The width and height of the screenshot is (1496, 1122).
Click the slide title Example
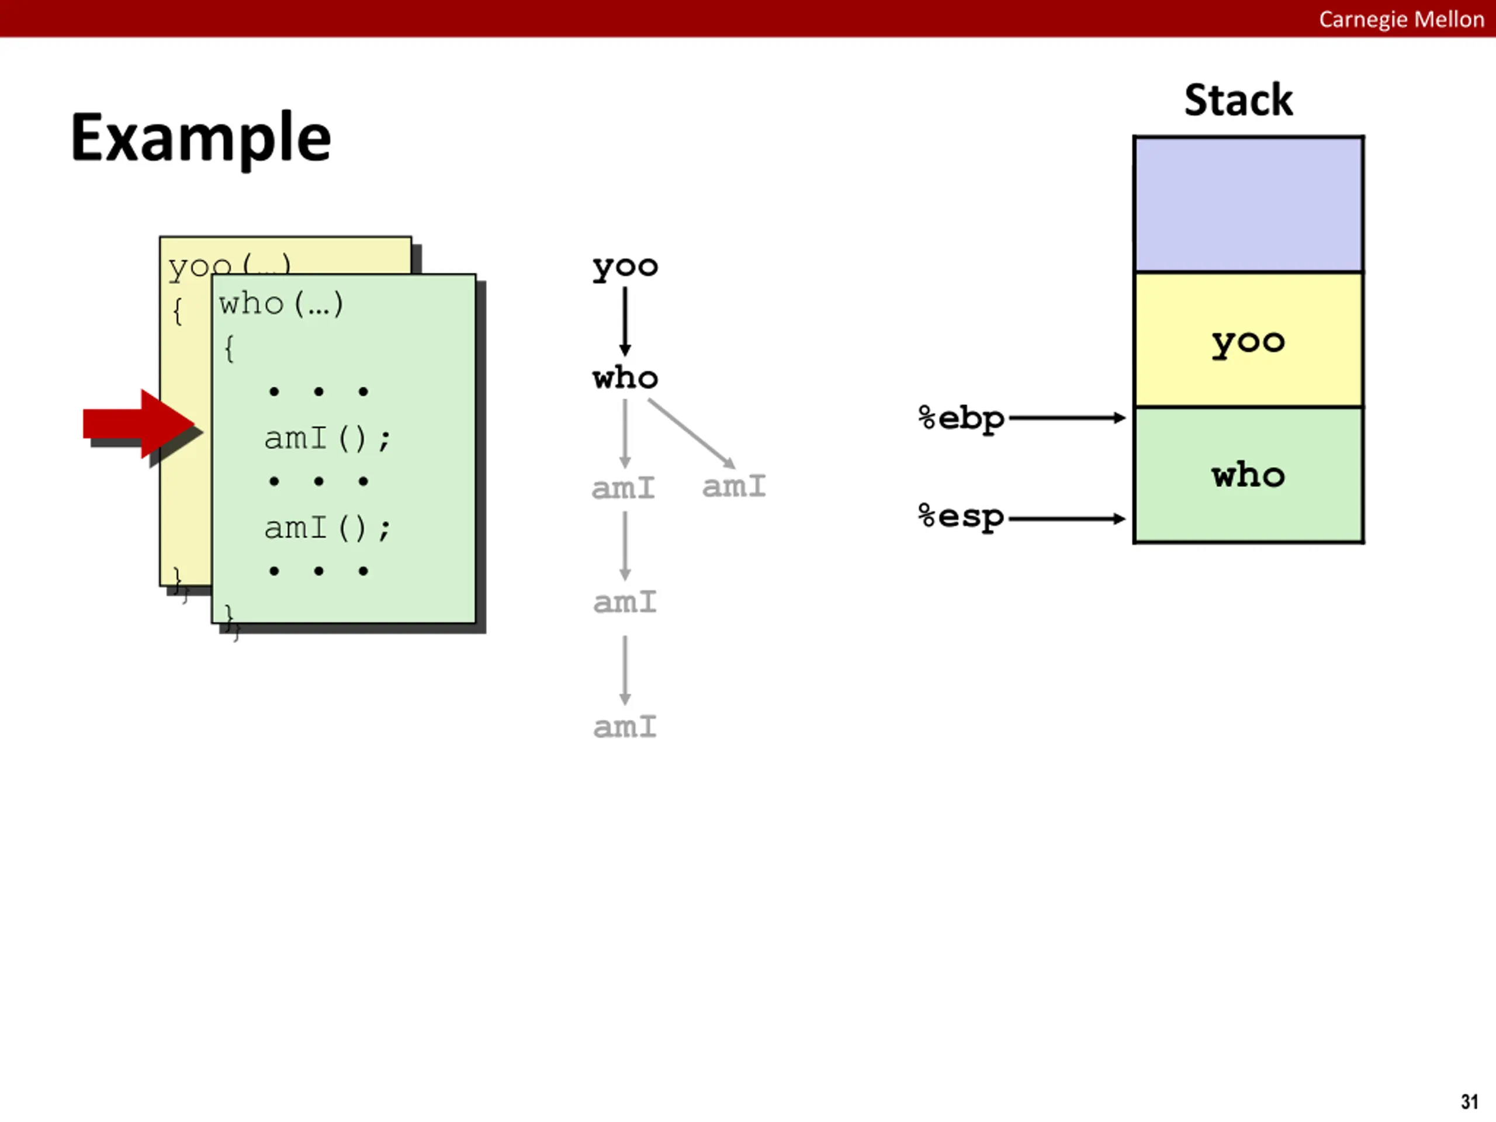201,138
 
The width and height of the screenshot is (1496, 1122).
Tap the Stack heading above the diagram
1238,100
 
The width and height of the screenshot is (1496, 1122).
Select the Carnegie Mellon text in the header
1401,19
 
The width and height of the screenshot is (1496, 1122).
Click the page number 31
1469,1102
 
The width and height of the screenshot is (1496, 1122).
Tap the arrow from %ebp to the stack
1066,418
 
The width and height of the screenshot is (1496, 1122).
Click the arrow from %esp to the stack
1066,519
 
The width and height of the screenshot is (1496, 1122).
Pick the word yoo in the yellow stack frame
1248,342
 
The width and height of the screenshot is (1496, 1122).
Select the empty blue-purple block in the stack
1248,205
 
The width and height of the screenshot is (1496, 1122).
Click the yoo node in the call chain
625,267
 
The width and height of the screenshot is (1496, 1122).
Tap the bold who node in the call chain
625,378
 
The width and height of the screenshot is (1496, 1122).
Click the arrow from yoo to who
625,321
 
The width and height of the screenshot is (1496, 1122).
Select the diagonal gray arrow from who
691,433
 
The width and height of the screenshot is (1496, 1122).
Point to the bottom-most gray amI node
625,727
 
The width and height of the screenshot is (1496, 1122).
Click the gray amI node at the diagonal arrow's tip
734,486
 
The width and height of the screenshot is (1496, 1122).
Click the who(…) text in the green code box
280,304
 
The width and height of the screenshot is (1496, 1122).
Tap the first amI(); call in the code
327,438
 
